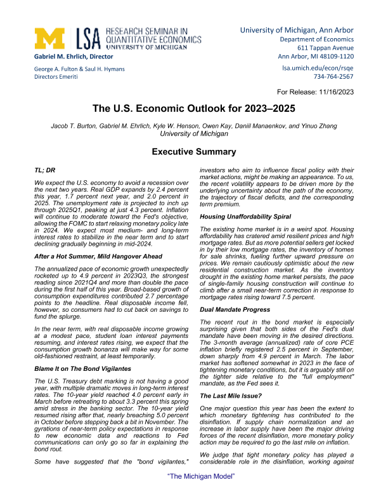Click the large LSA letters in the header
89,39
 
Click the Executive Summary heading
193,152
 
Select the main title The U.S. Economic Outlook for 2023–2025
193,109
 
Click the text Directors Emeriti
56,76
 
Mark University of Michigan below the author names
193,134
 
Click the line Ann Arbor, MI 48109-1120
316,57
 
